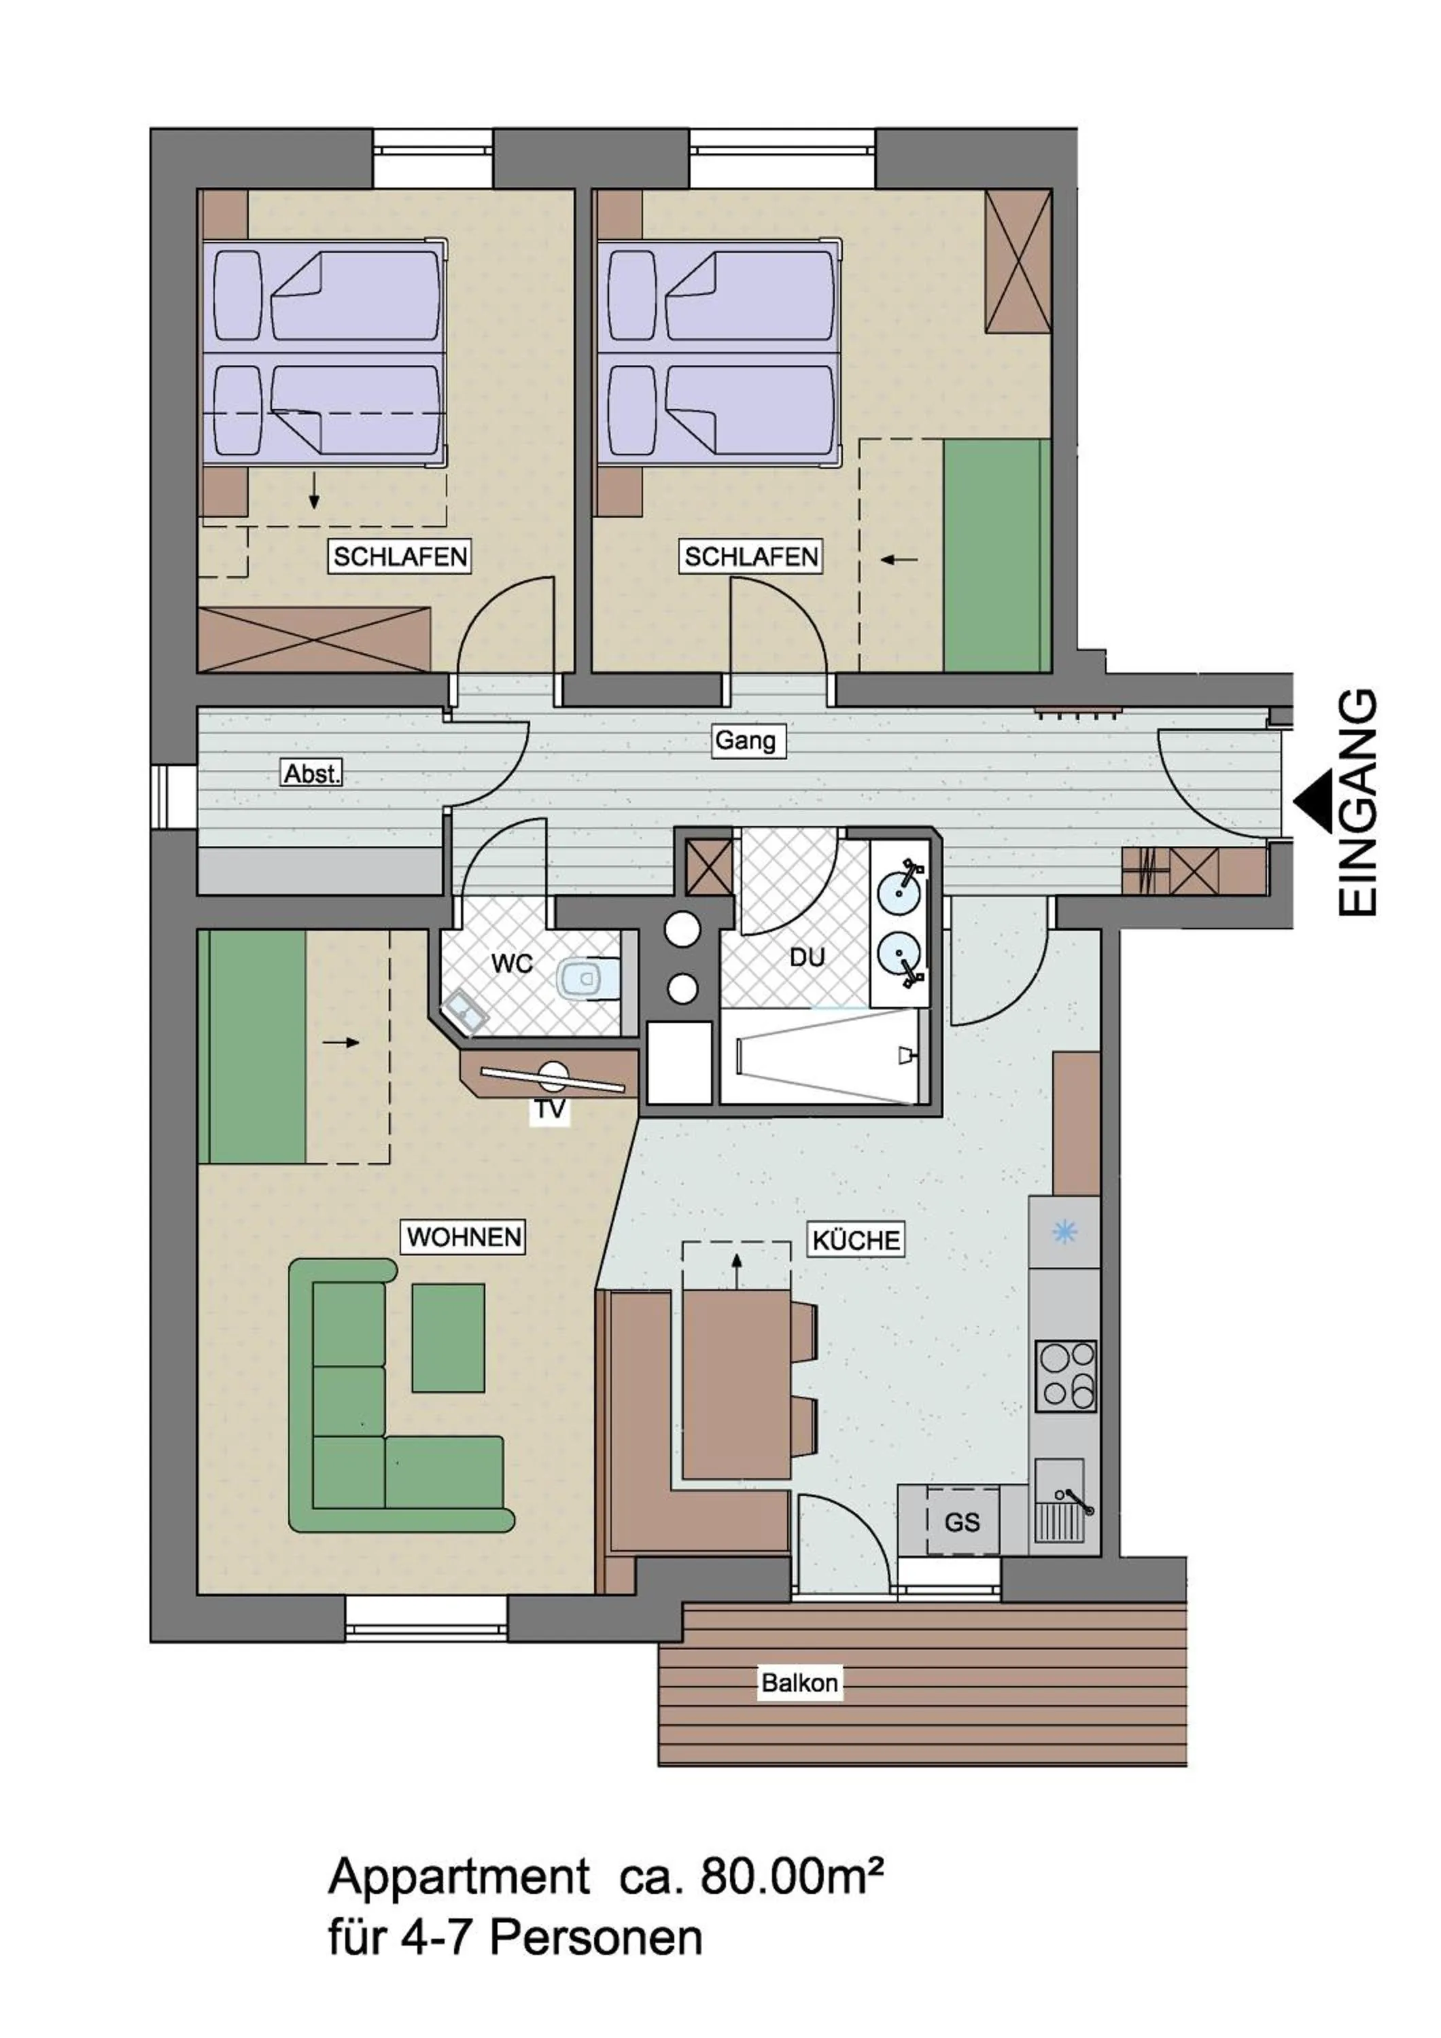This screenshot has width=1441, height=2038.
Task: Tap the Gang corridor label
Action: point(745,740)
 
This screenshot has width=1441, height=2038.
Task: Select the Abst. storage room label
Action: point(311,773)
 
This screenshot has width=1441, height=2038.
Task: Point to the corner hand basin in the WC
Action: point(464,1011)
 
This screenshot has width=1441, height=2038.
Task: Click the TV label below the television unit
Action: point(550,1109)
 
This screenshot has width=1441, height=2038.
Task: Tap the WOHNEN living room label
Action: point(464,1236)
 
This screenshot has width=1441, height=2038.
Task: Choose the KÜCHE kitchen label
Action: point(856,1239)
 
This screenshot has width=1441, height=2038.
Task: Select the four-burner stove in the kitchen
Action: point(1066,1375)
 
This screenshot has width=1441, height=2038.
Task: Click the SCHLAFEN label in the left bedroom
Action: point(400,556)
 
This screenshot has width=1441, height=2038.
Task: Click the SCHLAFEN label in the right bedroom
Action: point(751,556)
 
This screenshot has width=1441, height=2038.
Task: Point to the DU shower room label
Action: point(806,957)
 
